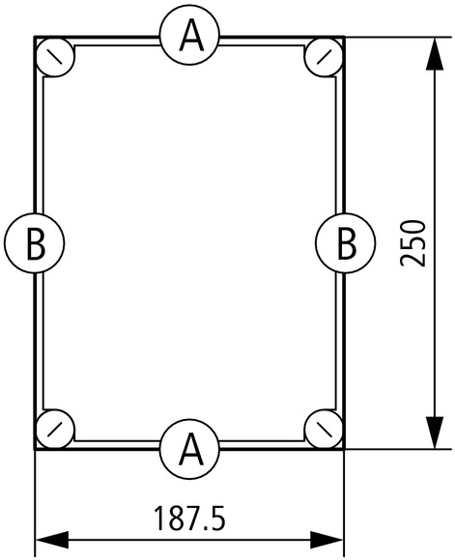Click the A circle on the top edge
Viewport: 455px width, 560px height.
coord(189,36)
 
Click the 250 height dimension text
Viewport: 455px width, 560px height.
coord(413,243)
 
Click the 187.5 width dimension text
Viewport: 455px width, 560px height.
coord(189,518)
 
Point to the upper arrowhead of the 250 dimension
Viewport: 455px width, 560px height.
coord(435,53)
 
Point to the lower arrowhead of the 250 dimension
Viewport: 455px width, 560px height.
coord(435,433)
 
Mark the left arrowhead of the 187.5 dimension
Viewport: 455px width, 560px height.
coord(52,540)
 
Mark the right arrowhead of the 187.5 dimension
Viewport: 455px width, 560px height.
coord(327,540)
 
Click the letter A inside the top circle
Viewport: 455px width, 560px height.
coord(191,36)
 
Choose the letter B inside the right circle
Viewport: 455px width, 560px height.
coord(347,244)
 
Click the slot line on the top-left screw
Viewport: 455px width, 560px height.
coord(55,57)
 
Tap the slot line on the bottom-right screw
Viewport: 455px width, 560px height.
coord(325,429)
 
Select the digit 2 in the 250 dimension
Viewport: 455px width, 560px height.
coord(413,259)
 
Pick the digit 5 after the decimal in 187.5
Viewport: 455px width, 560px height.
coord(217,518)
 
